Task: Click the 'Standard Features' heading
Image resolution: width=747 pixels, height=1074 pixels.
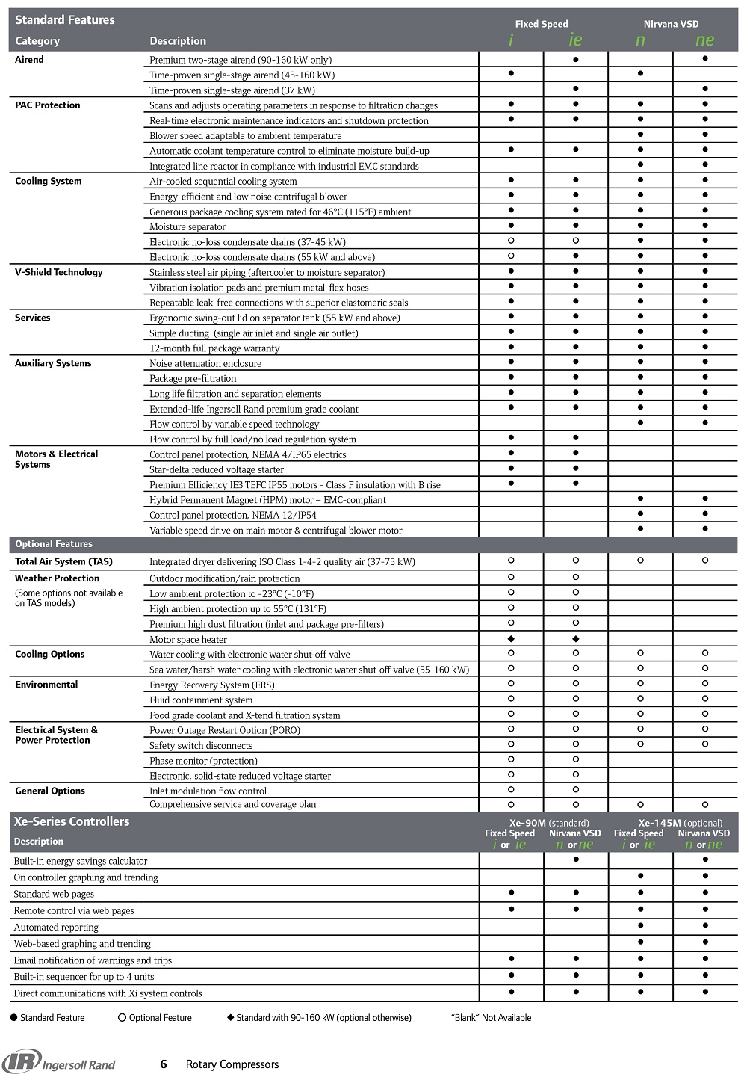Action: pyautogui.click(x=65, y=20)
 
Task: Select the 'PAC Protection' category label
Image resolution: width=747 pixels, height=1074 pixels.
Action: pyautogui.click(x=48, y=105)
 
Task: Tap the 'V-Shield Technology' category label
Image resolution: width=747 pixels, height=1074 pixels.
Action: pyautogui.click(x=59, y=272)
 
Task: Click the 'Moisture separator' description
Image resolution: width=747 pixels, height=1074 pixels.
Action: pyautogui.click(x=187, y=227)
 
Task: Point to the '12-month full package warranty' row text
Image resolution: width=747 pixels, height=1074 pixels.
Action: pyautogui.click(x=214, y=348)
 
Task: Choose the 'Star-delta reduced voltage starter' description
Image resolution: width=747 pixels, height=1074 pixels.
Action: pyautogui.click(x=217, y=470)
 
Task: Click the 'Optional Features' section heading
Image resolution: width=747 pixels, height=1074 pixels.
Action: pyautogui.click(x=54, y=544)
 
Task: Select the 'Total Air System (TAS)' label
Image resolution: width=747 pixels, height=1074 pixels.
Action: pyautogui.click(x=63, y=561)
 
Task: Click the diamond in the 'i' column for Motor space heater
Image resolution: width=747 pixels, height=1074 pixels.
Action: pyautogui.click(x=511, y=639)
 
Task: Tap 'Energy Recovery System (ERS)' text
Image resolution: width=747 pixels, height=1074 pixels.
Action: pyautogui.click(x=212, y=685)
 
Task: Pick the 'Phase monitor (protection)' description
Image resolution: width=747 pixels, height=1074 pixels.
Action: pyautogui.click(x=203, y=761)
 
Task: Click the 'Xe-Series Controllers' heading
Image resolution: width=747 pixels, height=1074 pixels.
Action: pyautogui.click(x=72, y=821)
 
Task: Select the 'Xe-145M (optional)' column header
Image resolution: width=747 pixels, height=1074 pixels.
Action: pyautogui.click(x=681, y=823)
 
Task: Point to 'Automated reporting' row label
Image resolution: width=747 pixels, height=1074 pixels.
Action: pyautogui.click(x=56, y=928)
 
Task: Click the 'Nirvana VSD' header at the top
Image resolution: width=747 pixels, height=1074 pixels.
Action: pyautogui.click(x=672, y=24)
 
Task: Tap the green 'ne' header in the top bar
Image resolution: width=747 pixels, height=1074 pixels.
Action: pyautogui.click(x=704, y=40)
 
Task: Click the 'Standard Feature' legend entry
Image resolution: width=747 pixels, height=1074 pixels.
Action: pyautogui.click(x=47, y=1018)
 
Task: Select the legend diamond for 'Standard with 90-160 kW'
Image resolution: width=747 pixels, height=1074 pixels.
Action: pyautogui.click(x=231, y=1018)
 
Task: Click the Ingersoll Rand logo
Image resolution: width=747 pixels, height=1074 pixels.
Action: pyautogui.click(x=59, y=1062)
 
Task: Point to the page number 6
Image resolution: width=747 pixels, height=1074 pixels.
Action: pyautogui.click(x=164, y=1064)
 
